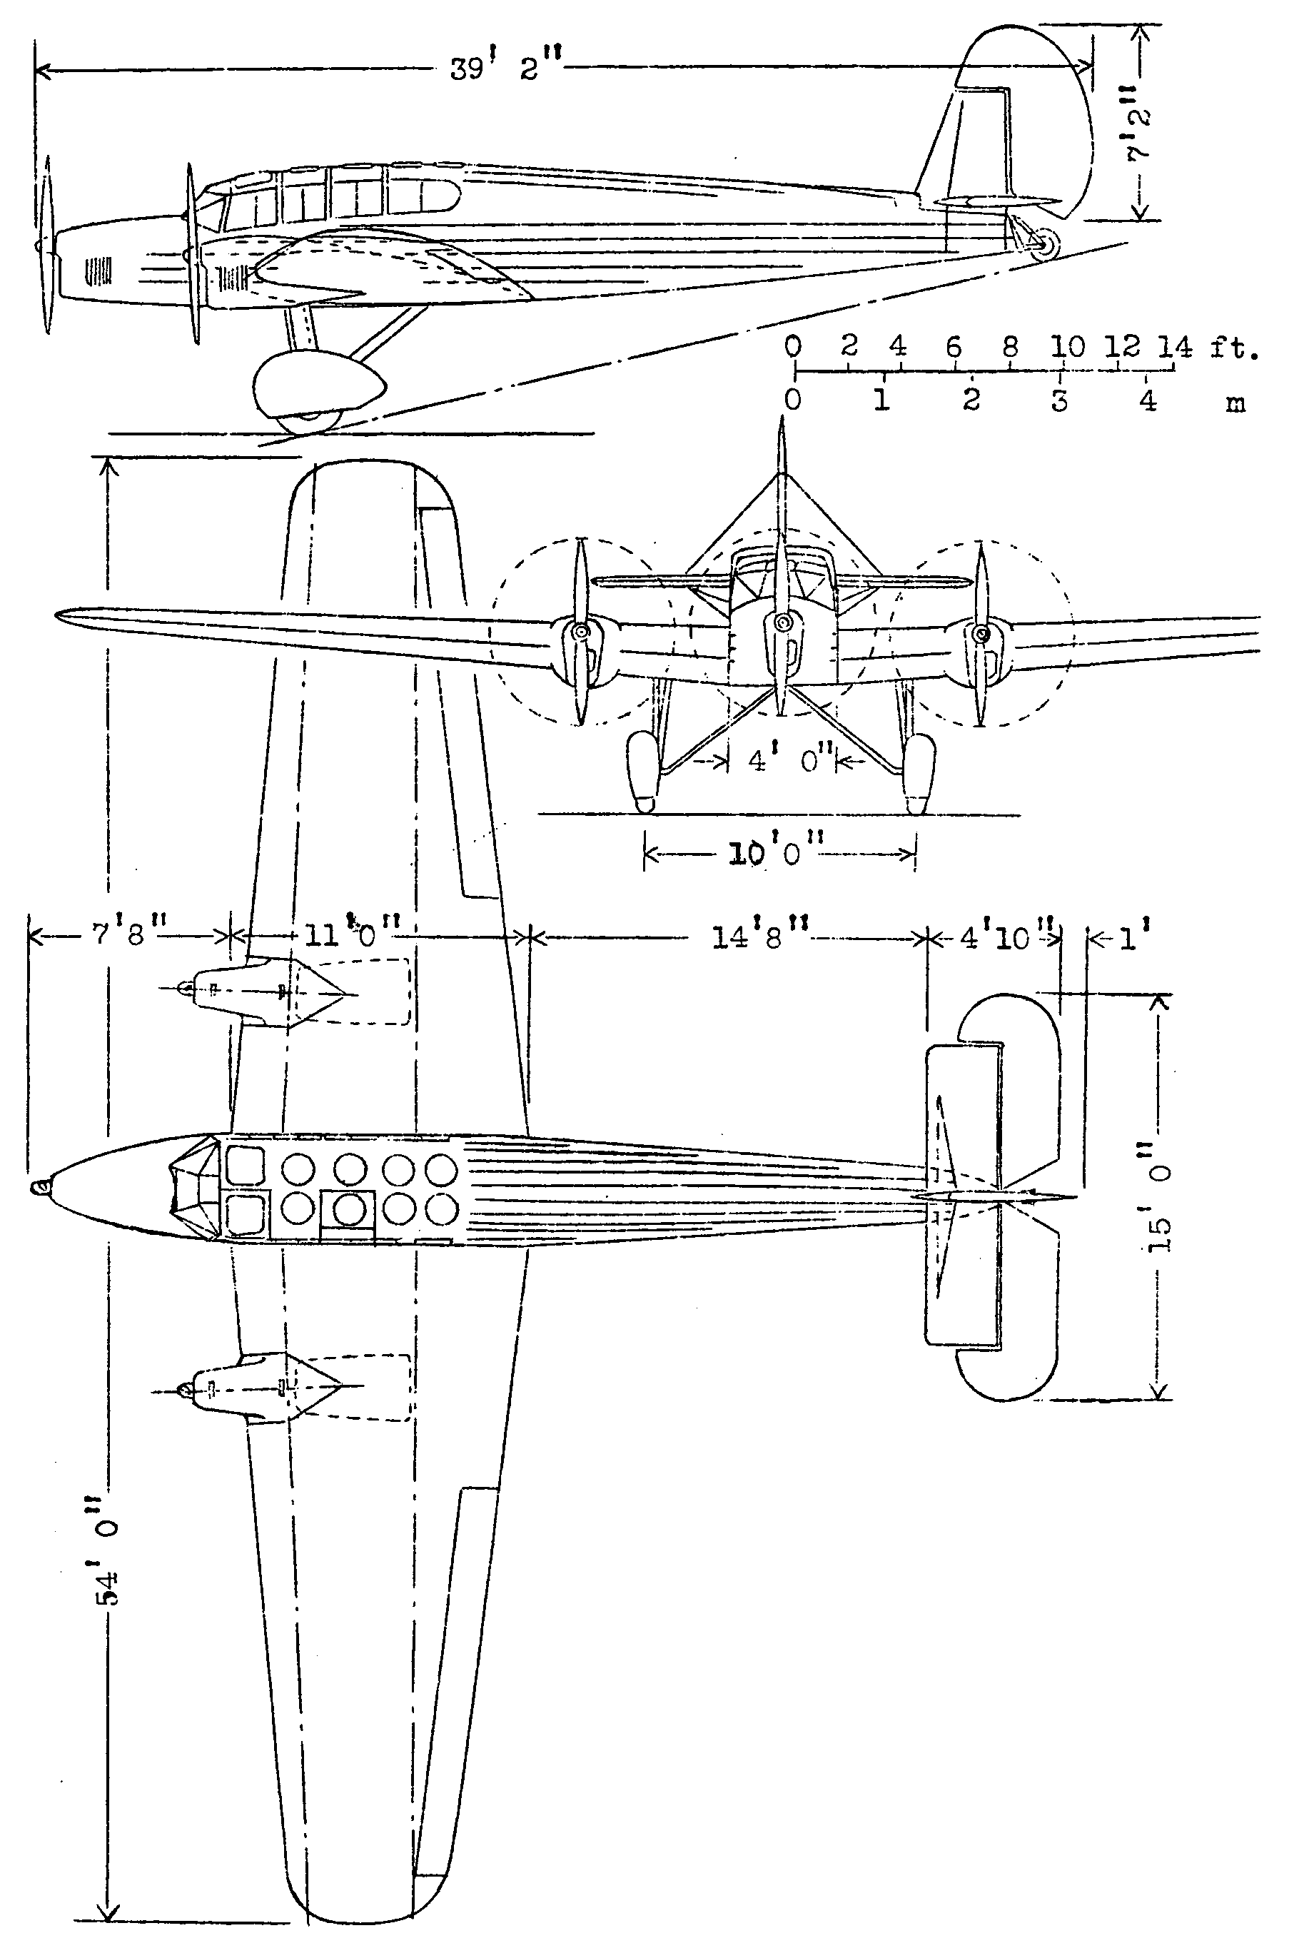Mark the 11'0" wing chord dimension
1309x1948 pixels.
click(350, 934)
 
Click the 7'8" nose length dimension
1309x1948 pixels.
click(129, 934)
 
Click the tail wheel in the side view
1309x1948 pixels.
click(1045, 244)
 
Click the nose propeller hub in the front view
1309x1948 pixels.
click(782, 622)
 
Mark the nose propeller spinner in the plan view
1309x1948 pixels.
click(39, 1186)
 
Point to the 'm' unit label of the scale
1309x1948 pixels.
click(1235, 404)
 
